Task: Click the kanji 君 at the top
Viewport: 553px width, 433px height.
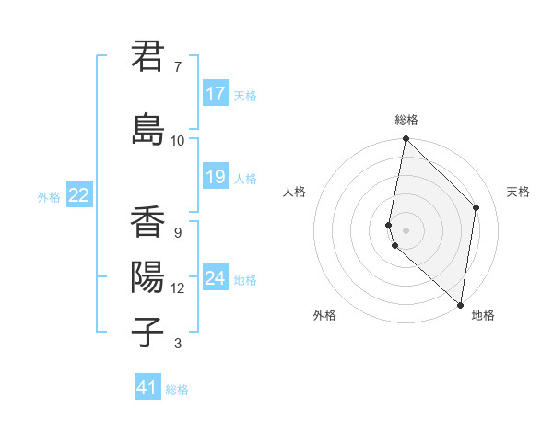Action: point(147,56)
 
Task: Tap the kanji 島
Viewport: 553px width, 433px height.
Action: point(147,129)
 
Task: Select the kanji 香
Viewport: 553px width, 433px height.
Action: point(147,222)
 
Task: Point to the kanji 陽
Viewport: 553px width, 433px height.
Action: point(147,276)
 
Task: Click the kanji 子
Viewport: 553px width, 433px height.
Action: point(147,332)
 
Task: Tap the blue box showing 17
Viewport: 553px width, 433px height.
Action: point(216,94)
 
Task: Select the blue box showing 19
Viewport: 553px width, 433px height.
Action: point(216,177)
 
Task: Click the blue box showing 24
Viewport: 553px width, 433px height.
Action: point(216,278)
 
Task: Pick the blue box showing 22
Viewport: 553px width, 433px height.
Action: point(79,195)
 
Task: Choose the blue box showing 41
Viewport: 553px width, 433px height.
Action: point(147,388)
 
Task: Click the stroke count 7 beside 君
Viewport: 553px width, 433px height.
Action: point(177,67)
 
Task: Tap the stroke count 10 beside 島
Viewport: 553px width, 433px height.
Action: point(177,140)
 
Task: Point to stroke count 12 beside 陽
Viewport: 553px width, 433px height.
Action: point(177,288)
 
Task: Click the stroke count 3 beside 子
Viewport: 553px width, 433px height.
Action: point(177,344)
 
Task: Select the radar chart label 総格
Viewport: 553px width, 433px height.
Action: point(406,120)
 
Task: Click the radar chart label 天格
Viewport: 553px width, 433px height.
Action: point(519,192)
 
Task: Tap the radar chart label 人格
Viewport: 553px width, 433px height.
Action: point(294,192)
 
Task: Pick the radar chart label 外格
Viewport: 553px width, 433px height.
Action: point(324,315)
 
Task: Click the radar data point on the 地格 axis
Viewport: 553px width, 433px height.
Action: point(460,305)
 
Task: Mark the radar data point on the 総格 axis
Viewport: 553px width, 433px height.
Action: point(406,139)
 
